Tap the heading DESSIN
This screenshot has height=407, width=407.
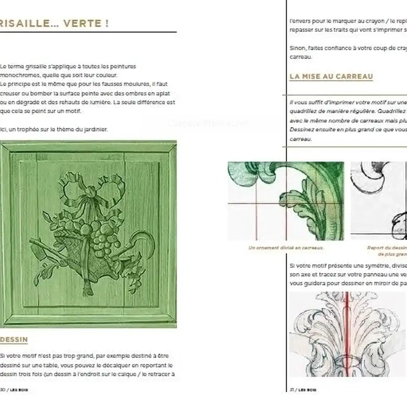pyautogui.click(x=14, y=339)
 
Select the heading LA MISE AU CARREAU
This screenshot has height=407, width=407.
pyautogui.click(x=331, y=76)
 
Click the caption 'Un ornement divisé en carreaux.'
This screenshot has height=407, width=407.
pyautogui.click(x=286, y=248)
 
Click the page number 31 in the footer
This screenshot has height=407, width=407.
pyautogui.click(x=291, y=390)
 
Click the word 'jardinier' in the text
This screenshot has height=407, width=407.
pyautogui.click(x=95, y=129)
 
